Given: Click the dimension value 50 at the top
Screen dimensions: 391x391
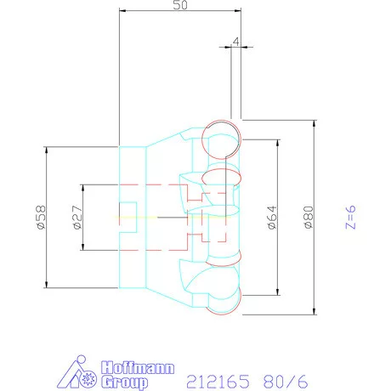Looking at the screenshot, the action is click(x=180, y=5).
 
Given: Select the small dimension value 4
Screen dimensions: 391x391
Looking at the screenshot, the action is click(x=235, y=42).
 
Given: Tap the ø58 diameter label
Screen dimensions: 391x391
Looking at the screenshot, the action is click(x=41, y=218).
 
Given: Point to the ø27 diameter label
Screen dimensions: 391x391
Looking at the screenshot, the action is click(x=77, y=218).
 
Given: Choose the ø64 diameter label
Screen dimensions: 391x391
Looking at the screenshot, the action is click(x=272, y=218).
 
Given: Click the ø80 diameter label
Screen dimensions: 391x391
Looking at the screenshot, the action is click(x=308, y=218).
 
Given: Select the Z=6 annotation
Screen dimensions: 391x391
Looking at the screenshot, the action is click(x=350, y=218).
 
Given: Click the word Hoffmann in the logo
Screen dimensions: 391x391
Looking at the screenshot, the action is click(x=138, y=367).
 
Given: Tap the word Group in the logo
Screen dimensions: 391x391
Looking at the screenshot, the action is click(x=124, y=382).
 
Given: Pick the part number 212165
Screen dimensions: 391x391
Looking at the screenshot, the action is click(x=218, y=382).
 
